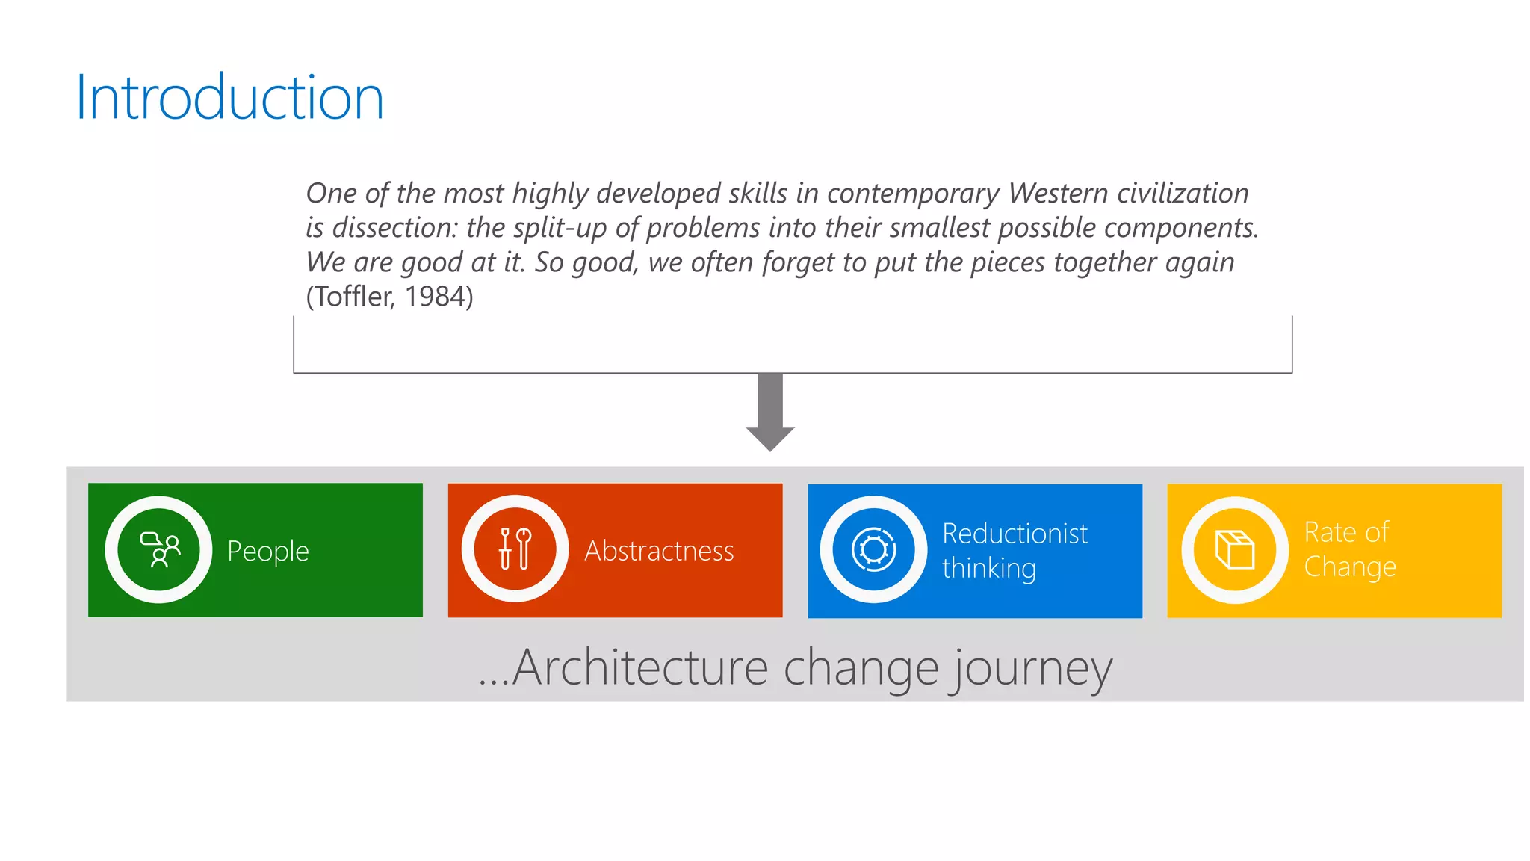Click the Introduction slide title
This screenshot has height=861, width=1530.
229,98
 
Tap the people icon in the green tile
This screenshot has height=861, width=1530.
159,550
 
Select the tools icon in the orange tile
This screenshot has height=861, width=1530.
515,550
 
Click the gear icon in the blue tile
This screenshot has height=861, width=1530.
873,550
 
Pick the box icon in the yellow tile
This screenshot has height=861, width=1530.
1234,550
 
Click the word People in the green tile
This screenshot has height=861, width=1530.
267,552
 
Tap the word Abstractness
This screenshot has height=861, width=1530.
659,551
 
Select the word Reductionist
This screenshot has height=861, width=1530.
1015,534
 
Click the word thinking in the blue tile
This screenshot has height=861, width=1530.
988,569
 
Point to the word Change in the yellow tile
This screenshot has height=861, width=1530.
1349,567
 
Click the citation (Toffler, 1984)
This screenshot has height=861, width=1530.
389,297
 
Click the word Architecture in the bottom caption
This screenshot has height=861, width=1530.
640,667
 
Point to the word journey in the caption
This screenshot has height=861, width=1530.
1032,669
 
